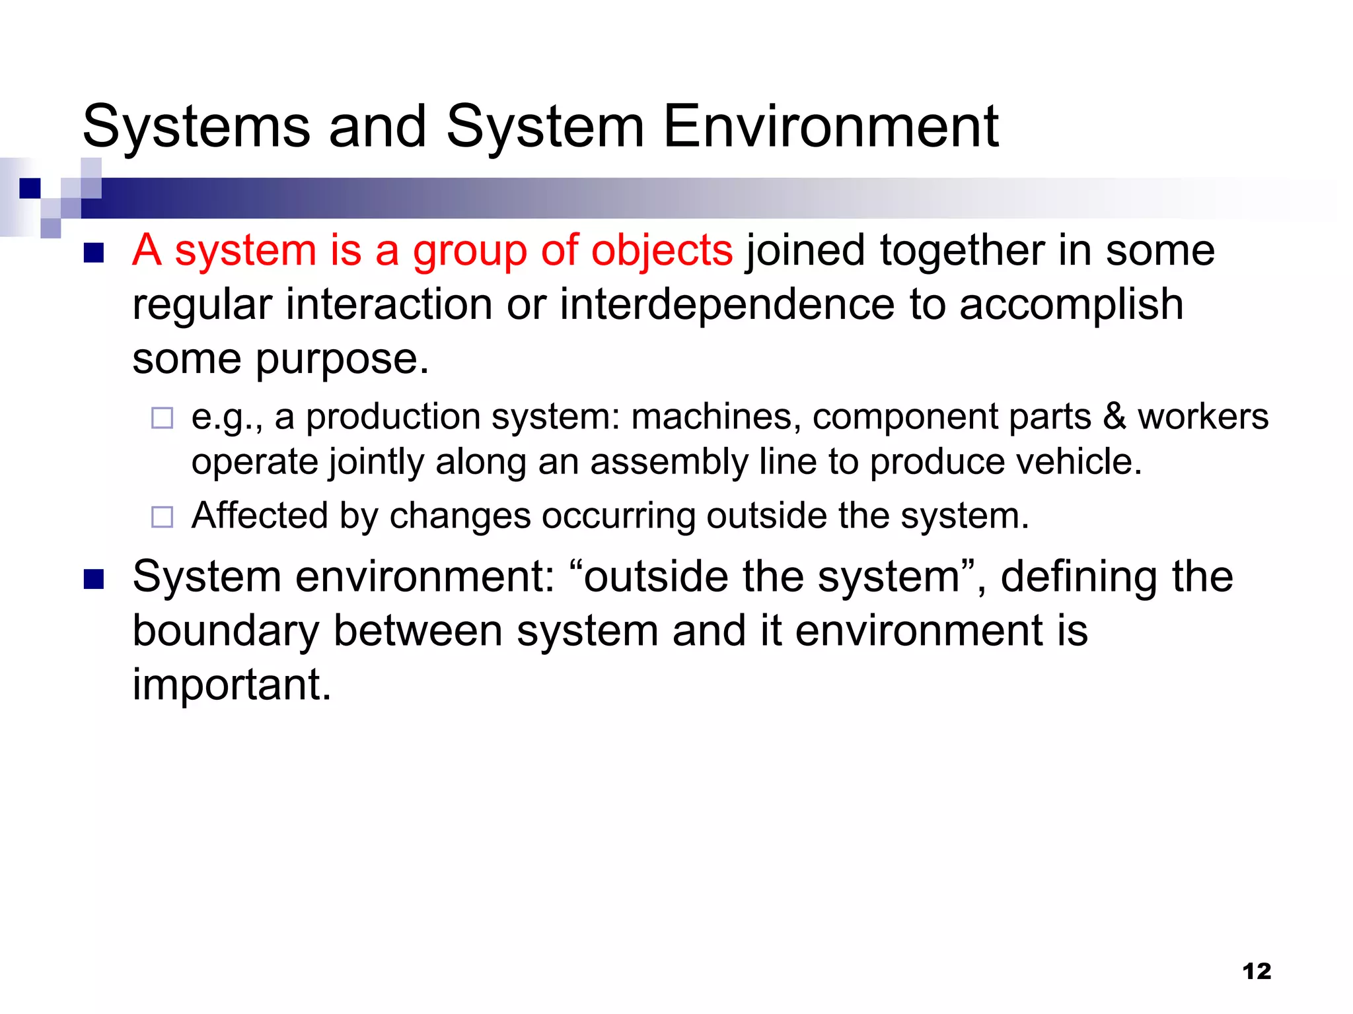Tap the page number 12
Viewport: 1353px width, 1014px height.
pyautogui.click(x=1257, y=971)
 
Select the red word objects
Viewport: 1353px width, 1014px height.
pyautogui.click(x=661, y=251)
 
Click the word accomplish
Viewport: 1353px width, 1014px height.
pyautogui.click(x=1070, y=306)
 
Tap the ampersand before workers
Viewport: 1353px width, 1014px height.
pyautogui.click(x=1115, y=417)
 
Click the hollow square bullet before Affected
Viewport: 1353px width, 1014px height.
pyautogui.click(x=162, y=517)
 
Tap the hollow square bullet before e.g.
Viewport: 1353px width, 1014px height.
pyautogui.click(x=162, y=418)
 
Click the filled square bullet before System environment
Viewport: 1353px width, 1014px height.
pyautogui.click(x=94, y=579)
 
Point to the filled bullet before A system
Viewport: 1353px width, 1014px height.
pyautogui.click(x=94, y=253)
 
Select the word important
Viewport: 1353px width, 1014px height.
pyautogui.click(x=231, y=685)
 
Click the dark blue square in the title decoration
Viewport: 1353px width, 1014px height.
pyautogui.click(x=30, y=188)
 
